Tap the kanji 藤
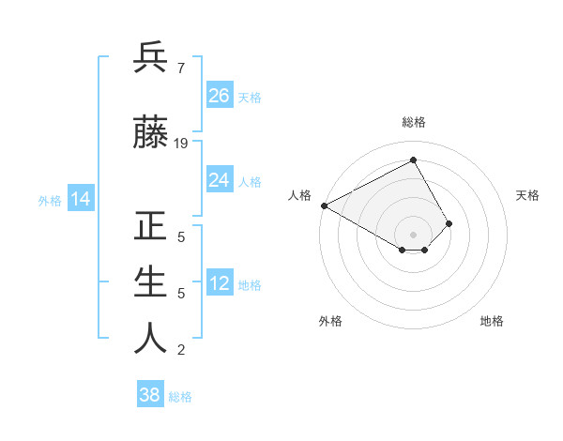[x=150, y=133]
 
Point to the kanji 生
[x=150, y=282]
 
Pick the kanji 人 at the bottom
[x=150, y=339]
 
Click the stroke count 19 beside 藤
[x=181, y=144]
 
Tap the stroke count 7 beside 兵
[x=180, y=68]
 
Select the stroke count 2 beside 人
[x=180, y=350]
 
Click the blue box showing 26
[x=220, y=96]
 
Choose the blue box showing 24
[x=220, y=180]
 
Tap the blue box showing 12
[x=220, y=283]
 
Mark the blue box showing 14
[x=80, y=199]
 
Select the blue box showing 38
[x=150, y=395]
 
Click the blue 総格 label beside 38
[x=180, y=397]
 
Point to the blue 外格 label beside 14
[x=50, y=200]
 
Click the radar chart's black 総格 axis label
[x=414, y=122]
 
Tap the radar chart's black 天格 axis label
[x=528, y=195]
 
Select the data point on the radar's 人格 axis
[x=324, y=205]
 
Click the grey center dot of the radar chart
[x=413, y=233]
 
